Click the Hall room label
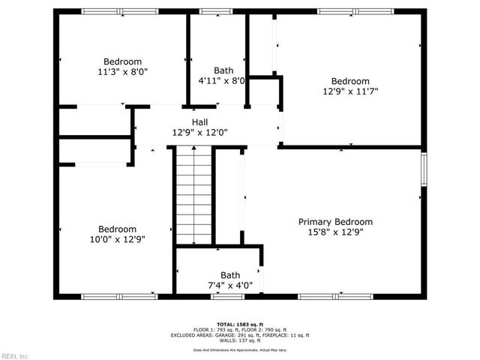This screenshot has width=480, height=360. (199, 121)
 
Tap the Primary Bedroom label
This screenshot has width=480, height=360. (335, 222)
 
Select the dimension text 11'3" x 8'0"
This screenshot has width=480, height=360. (122, 73)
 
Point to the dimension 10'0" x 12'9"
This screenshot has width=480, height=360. (117, 240)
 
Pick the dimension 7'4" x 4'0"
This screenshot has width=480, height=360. (230, 285)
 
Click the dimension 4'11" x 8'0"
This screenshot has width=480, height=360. (221, 80)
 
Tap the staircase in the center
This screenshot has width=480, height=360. (193, 195)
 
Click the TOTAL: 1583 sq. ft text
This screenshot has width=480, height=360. (240, 323)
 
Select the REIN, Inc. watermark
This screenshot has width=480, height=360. (14, 355)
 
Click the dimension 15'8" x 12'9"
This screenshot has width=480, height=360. (335, 232)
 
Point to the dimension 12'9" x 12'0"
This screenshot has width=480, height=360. (199, 132)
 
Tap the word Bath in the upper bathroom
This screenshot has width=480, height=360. (223, 70)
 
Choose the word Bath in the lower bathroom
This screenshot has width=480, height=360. (230, 275)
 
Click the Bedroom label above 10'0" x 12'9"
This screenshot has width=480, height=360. (117, 229)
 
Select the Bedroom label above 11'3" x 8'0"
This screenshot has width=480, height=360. (122, 61)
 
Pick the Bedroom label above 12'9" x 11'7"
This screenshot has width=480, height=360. (350, 81)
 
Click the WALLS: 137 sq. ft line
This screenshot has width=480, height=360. (240, 340)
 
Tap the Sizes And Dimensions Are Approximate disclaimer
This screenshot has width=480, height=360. (240, 349)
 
